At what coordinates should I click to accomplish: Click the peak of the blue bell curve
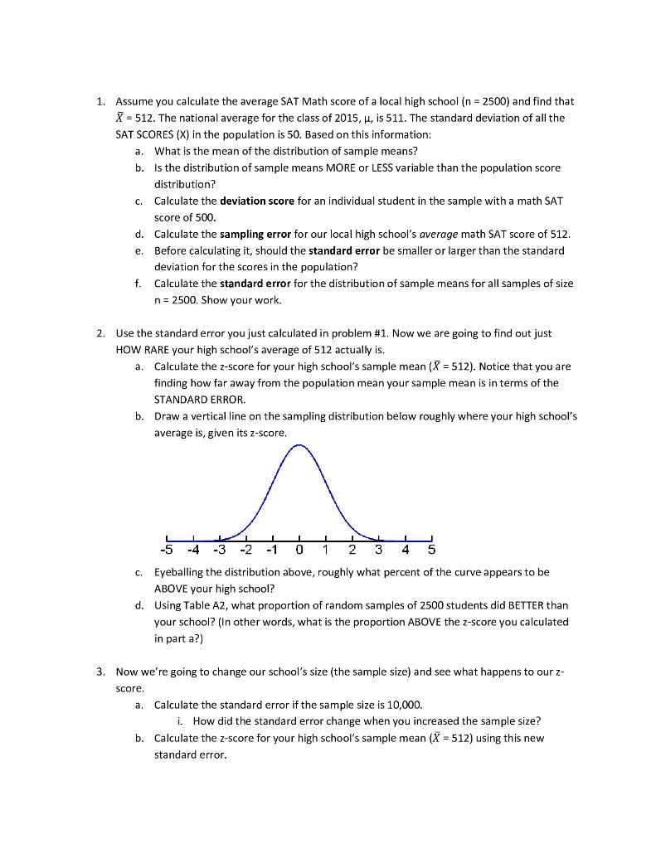[x=299, y=445]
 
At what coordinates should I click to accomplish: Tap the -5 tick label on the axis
[x=167, y=550]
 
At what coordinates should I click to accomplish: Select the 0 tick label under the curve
[x=299, y=550]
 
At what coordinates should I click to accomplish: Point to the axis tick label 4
[x=406, y=550]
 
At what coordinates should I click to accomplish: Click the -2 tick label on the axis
[x=245, y=550]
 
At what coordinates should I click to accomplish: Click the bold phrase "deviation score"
[x=255, y=201]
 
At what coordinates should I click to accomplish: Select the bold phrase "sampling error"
[x=255, y=234]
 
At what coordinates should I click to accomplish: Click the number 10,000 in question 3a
[x=404, y=705]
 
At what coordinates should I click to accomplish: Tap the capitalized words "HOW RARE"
[x=142, y=349]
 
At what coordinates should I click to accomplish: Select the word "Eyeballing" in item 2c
[x=181, y=572]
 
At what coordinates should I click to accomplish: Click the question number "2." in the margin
[x=100, y=333]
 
